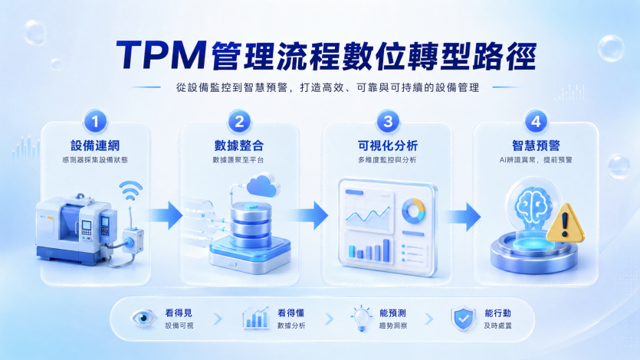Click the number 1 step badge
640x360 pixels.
96,121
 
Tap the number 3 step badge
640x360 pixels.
388,121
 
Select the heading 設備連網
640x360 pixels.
95,146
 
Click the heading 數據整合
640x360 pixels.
239,146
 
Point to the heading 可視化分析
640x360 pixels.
388,146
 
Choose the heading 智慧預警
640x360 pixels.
536,146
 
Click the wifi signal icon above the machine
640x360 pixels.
130,190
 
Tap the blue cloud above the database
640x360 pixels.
263,185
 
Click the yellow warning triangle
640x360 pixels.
565,223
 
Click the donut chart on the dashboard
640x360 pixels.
413,211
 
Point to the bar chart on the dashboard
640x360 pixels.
369,250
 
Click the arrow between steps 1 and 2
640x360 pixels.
166,215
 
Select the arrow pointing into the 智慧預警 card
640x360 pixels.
463,217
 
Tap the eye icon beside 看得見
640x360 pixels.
143,318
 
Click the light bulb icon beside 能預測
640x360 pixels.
361,319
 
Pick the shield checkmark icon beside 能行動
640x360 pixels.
463,319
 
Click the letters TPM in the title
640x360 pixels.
161,55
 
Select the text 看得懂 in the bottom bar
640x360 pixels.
291,313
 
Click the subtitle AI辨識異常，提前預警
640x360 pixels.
536,160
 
